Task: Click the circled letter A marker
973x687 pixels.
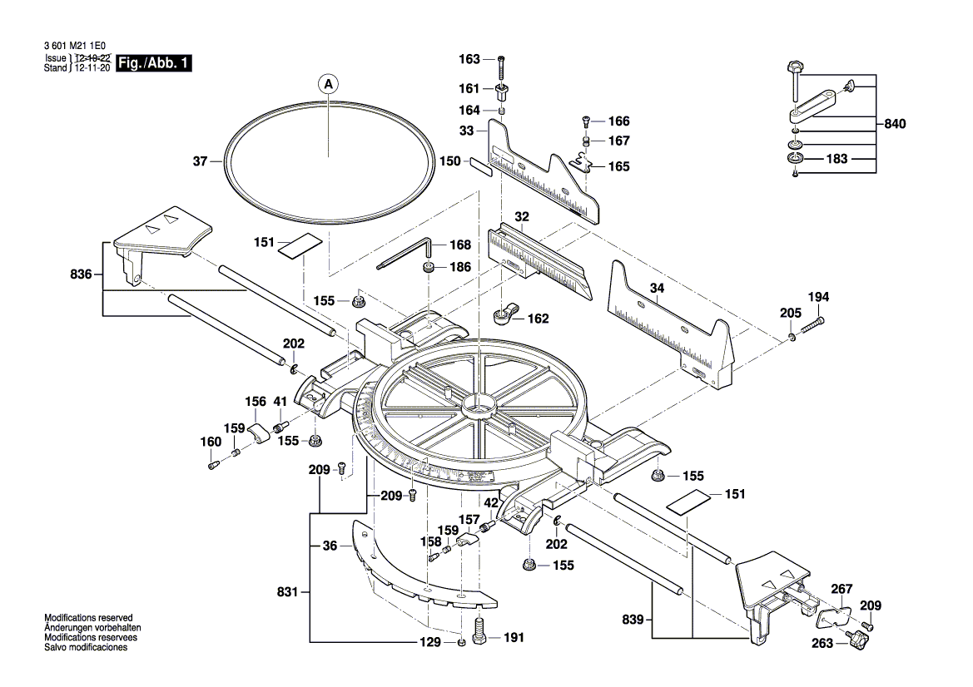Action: coord(328,83)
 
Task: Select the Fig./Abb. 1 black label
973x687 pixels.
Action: coord(155,63)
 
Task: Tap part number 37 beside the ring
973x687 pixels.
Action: coord(200,162)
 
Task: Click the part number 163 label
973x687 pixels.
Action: coord(469,59)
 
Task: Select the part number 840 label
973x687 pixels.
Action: coord(895,124)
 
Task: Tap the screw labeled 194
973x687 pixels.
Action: coord(812,326)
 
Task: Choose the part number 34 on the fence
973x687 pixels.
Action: coord(657,289)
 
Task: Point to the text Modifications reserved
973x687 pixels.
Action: coord(88,617)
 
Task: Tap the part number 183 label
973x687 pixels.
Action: coord(836,158)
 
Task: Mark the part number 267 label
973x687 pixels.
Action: coord(841,588)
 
